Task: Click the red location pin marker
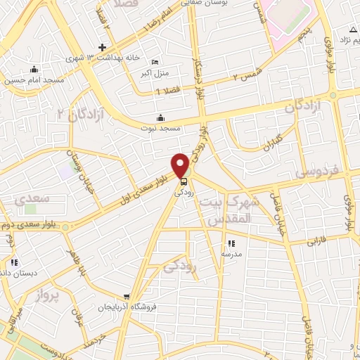180,166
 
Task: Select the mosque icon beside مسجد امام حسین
33,69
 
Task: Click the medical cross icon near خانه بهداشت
103,48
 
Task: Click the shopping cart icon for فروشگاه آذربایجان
126,296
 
